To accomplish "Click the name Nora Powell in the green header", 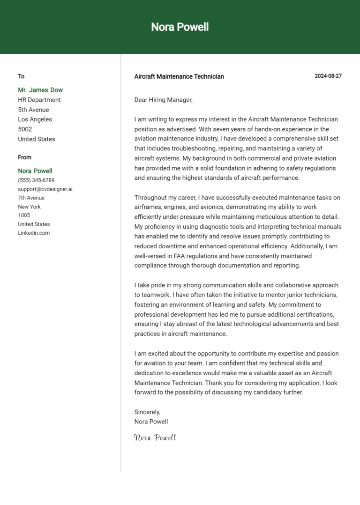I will click(180, 27).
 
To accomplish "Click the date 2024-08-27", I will click(328, 76).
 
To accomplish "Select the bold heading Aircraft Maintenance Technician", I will click(179, 76).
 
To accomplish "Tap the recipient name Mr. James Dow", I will click(40, 90).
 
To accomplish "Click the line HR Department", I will click(39, 100).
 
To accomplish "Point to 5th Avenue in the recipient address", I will click(33, 110).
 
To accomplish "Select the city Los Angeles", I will click(35, 119).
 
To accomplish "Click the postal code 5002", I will click(25, 129).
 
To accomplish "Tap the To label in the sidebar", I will click(21, 76).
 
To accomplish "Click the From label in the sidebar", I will click(25, 157).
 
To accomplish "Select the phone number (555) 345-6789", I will click(36, 180).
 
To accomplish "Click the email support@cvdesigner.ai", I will click(45, 189).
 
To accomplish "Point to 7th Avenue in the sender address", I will click(31, 198).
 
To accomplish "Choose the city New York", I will click(30, 207).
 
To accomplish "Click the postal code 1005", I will click(24, 215).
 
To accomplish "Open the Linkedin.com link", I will click(34, 233).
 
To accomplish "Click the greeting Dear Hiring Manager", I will click(164, 100).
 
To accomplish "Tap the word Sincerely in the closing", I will click(147, 412).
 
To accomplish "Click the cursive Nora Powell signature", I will click(155, 438).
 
